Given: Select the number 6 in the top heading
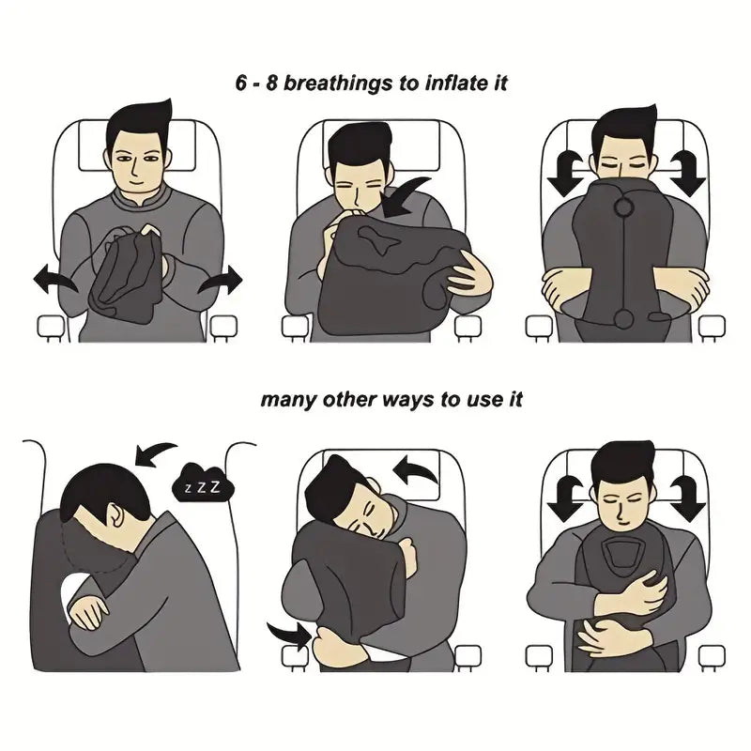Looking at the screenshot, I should click(242, 83).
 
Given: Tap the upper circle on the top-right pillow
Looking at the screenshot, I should click(621, 207).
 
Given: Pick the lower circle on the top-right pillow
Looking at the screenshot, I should click(622, 322).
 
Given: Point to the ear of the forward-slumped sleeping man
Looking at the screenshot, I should click(113, 515).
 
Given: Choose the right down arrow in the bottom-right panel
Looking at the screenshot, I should click(688, 498).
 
